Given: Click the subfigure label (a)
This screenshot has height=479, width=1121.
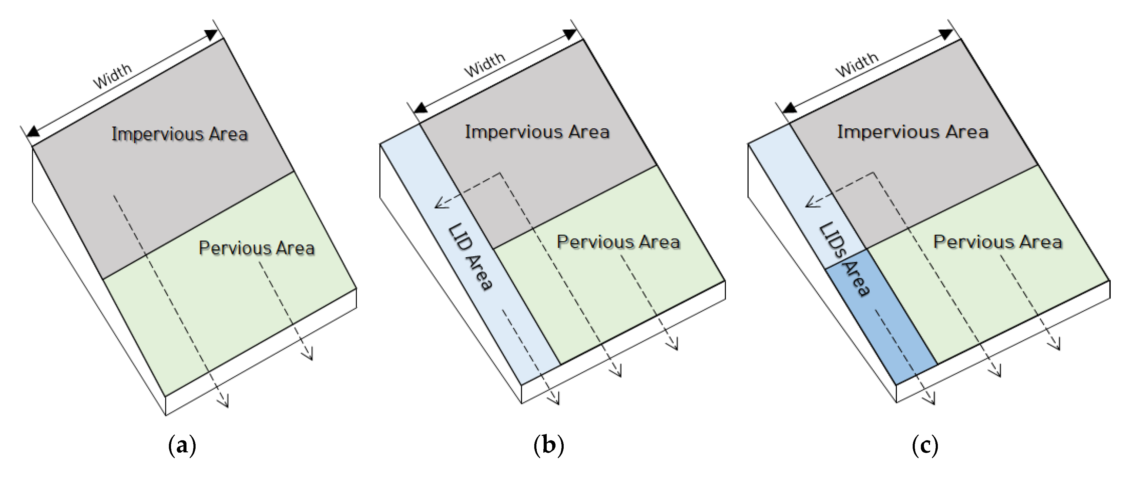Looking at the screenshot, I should click(x=182, y=446).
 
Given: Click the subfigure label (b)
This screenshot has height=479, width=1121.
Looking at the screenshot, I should click(x=548, y=446).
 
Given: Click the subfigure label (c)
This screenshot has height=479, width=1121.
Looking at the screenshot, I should click(x=925, y=446).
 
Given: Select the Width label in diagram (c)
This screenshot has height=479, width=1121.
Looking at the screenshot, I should click(x=857, y=65).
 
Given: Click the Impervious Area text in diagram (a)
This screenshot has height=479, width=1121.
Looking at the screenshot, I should click(x=179, y=134).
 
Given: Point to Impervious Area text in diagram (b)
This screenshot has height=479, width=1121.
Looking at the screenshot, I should click(x=537, y=132).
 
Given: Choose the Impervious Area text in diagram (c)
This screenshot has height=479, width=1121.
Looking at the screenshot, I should click(x=913, y=132).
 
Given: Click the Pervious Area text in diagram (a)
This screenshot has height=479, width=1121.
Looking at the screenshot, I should click(x=256, y=248).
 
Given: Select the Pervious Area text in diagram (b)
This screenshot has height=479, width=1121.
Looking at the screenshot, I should click(x=618, y=242).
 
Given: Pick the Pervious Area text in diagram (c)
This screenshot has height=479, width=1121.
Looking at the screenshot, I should click(x=997, y=242).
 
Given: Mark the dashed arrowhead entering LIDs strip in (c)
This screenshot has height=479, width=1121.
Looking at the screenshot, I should click(x=810, y=202).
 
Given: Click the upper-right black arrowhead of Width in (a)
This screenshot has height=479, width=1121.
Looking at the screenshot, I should click(x=211, y=35).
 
